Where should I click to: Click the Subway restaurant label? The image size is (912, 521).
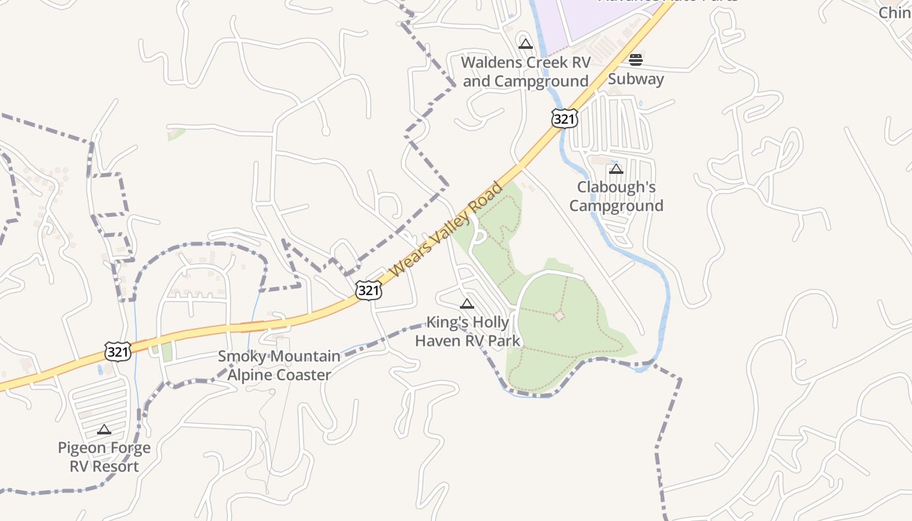(636, 79)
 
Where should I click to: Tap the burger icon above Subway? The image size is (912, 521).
(636, 61)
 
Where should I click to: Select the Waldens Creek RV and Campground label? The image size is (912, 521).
(526, 72)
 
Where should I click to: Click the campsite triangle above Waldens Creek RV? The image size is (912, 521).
(526, 44)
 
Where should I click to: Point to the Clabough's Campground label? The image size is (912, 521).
(616, 196)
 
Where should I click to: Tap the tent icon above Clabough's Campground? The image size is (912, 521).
(616, 169)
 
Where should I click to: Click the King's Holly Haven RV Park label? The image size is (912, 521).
(468, 331)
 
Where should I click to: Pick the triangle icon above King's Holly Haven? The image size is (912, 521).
(467, 303)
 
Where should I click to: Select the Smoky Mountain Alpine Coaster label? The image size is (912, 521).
(279, 365)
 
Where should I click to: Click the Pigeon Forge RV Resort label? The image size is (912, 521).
(104, 457)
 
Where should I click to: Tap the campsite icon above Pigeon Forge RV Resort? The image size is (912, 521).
(104, 429)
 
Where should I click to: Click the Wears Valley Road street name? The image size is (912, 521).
(449, 229)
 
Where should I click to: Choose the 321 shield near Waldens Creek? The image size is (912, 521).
(564, 119)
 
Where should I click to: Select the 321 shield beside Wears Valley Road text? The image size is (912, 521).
(369, 290)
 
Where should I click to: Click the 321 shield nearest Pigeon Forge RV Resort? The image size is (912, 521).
(118, 352)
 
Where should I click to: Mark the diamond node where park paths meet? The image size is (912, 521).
(559, 316)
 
